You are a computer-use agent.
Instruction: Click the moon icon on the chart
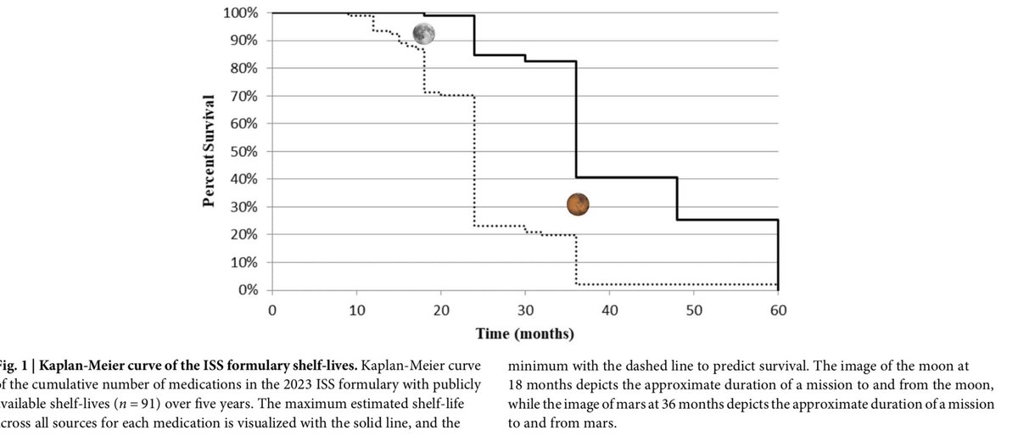tap(424, 34)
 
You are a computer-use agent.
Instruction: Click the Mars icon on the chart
tap(578, 204)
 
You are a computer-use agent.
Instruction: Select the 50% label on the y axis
tap(243, 152)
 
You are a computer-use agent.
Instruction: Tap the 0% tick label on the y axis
tap(246, 290)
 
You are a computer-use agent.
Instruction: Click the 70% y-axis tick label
tap(243, 96)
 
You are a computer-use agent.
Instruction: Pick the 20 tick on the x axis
tap(440, 310)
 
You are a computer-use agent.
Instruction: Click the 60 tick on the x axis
tap(778, 310)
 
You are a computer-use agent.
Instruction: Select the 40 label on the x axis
tap(609, 310)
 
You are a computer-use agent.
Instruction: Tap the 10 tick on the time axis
tap(356, 310)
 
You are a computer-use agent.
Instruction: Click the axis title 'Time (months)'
tap(525, 333)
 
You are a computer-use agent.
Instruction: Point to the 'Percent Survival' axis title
tap(207, 151)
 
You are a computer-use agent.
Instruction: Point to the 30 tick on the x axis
tap(525, 310)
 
